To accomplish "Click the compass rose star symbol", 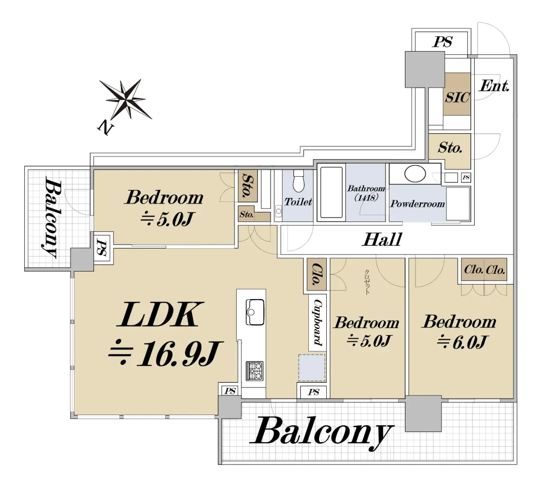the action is (126, 99).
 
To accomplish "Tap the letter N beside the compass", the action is (105, 128).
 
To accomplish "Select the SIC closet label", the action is (457, 98).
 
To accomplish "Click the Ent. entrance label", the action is (494, 86).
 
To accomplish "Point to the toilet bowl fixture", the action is (298, 180).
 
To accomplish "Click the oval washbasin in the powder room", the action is (415, 174).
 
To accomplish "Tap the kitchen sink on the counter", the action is (255, 312).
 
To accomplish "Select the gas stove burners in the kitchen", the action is (254, 371).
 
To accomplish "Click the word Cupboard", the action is (318, 322).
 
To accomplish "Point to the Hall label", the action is (382, 240).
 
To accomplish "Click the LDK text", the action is (160, 314).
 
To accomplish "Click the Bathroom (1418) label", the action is (366, 192).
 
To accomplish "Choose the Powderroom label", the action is (418, 204).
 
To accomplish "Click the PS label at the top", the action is (442, 42).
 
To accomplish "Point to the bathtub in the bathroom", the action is (331, 192).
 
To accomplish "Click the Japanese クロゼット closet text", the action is (367, 282).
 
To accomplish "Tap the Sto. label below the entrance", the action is (450, 147).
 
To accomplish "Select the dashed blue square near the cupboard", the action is (312, 368).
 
